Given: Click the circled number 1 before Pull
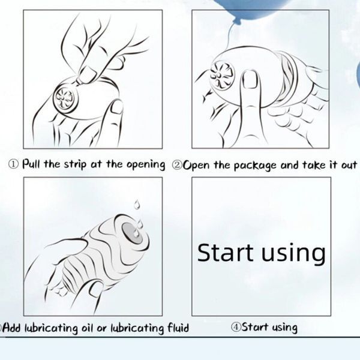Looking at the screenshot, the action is [x=13, y=164].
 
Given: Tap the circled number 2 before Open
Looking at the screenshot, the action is [x=177, y=166].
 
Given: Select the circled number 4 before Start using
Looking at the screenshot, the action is [x=236, y=327].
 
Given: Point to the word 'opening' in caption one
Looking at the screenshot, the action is [x=146, y=166].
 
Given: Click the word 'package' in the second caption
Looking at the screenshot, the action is [x=255, y=166].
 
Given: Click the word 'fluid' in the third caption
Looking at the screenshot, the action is [x=178, y=328].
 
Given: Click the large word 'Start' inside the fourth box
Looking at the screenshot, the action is [x=225, y=253].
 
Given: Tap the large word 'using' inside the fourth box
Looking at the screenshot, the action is [x=293, y=254].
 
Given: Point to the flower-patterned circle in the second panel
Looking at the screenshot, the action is [x=222, y=76].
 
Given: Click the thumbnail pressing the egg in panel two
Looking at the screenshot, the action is [x=250, y=79].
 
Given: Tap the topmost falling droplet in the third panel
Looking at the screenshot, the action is [x=137, y=205].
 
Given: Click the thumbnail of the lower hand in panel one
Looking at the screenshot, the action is [x=116, y=107].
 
